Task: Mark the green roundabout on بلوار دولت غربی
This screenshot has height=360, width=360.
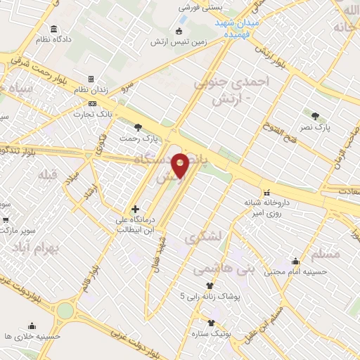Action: (x=65, y=310)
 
